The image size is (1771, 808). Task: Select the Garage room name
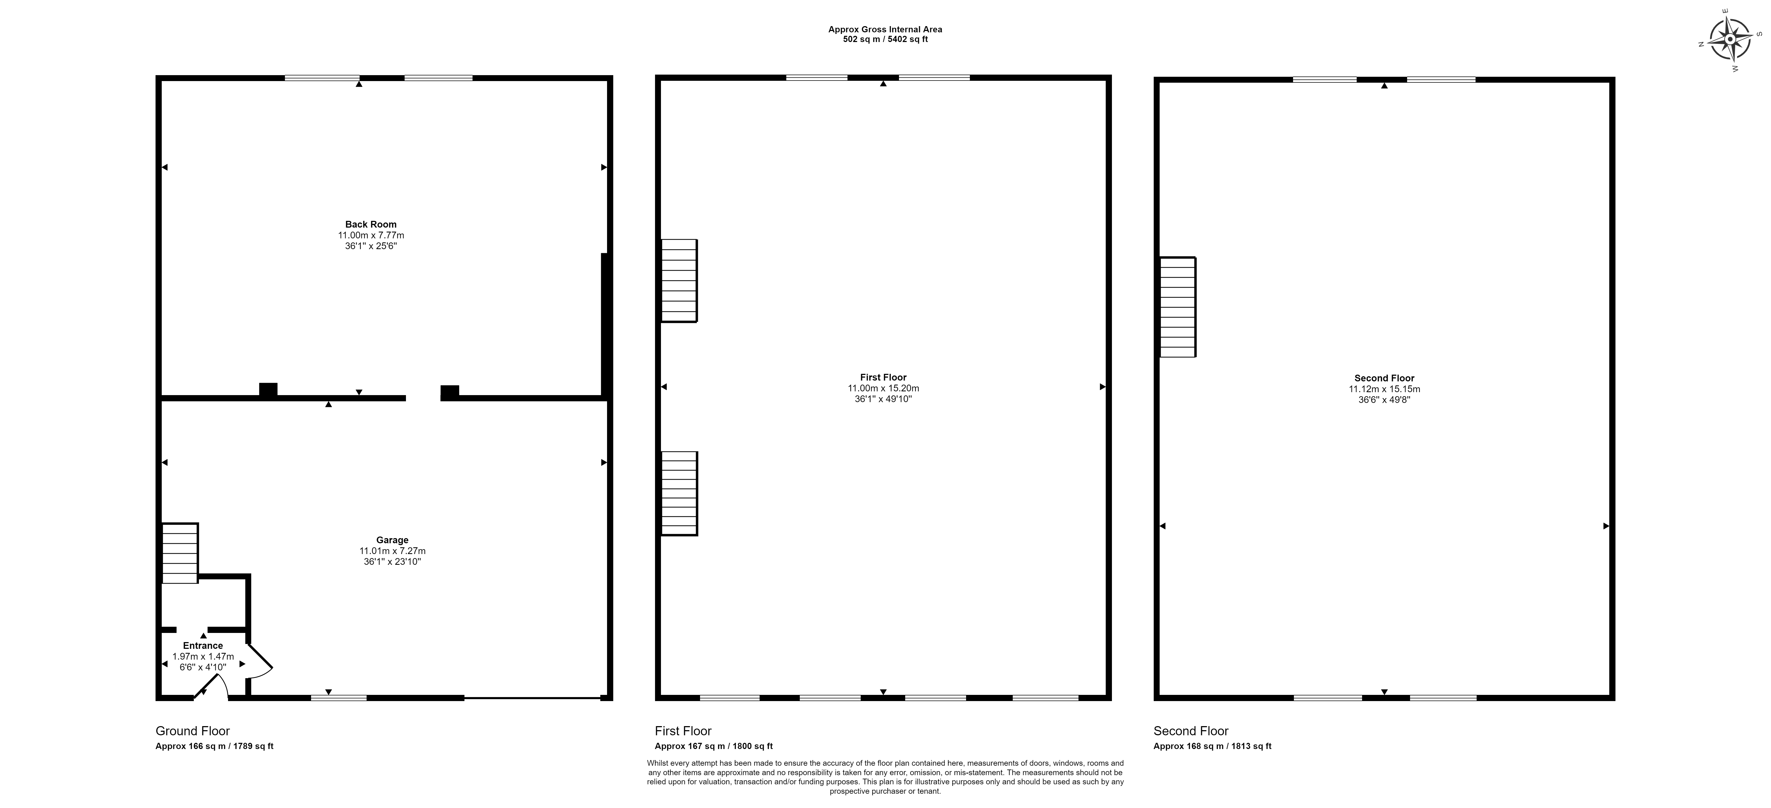tap(392, 540)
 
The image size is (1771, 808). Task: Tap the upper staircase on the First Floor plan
tap(679, 280)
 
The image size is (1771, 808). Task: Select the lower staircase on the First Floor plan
tap(679, 493)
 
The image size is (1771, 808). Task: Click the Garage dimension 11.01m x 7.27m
tap(392, 551)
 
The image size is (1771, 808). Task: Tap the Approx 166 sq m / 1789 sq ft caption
tap(215, 746)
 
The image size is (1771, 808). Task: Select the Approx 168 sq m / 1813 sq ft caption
tap(1213, 746)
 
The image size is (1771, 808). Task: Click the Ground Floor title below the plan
tap(192, 731)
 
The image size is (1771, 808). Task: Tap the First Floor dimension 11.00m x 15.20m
tap(883, 388)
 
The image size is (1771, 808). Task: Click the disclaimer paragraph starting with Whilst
tap(885, 777)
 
